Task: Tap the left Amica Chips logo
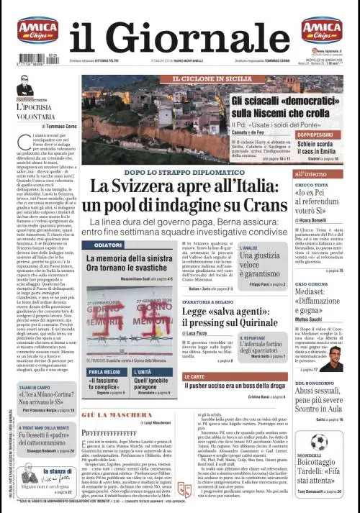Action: click(38, 30)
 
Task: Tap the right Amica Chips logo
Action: click(321, 30)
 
